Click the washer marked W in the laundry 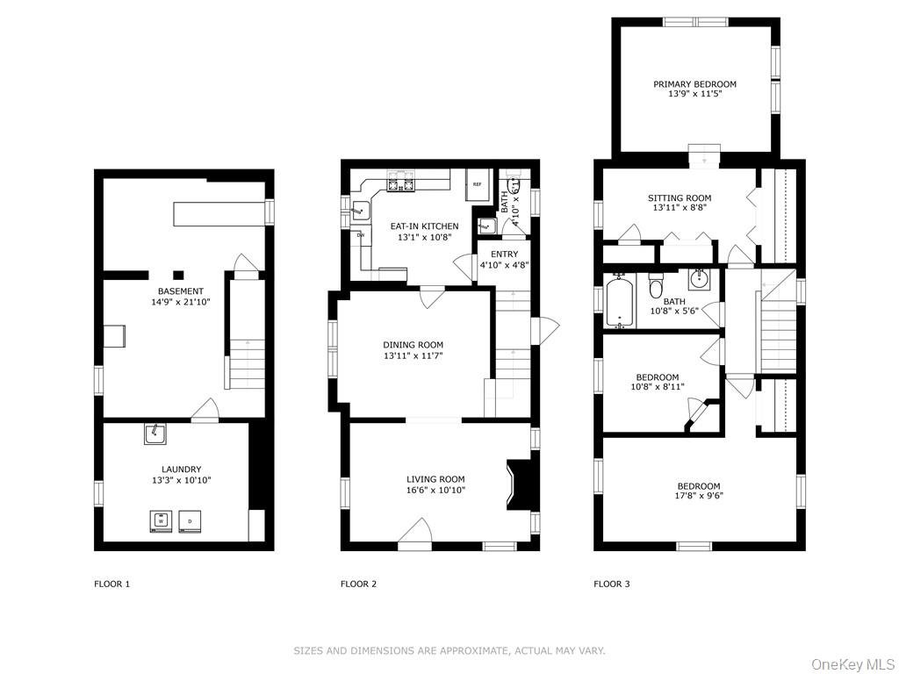pos(162,521)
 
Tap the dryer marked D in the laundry pos(190,521)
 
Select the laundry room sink pos(155,434)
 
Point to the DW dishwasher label pos(361,235)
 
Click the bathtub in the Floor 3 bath pos(619,301)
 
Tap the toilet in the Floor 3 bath pos(656,287)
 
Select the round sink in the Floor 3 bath pos(700,280)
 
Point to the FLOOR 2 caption pos(358,584)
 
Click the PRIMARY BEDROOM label pos(695,84)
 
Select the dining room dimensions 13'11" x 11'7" pos(413,355)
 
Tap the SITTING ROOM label pos(680,198)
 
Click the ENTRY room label pos(505,255)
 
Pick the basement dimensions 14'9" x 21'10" pos(180,302)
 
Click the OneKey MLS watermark pos(852,664)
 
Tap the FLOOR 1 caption pos(111,584)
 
